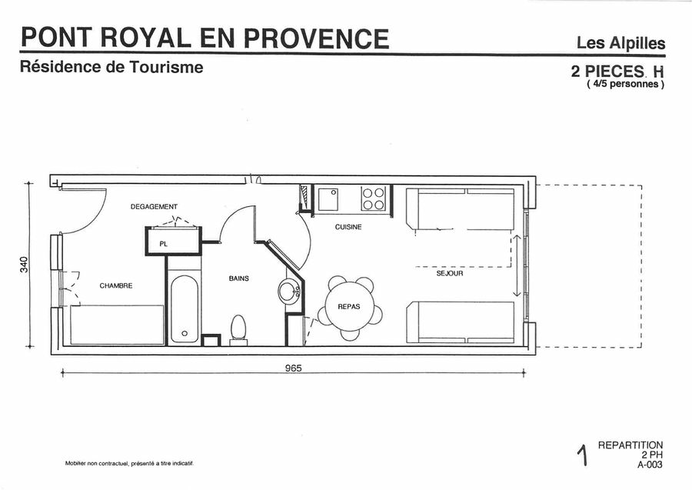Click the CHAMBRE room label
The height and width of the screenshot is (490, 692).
(x=115, y=285)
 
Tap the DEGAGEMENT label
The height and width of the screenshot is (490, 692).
(x=154, y=207)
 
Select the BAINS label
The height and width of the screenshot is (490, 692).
(x=239, y=278)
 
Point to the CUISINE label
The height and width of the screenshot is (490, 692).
(x=348, y=227)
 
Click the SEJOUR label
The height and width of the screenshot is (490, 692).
(x=450, y=274)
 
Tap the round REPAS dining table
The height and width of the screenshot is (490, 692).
(x=349, y=306)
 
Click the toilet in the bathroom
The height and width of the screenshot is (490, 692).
(x=238, y=330)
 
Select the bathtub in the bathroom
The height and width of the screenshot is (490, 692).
(x=184, y=309)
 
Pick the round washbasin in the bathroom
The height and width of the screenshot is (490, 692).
(x=290, y=291)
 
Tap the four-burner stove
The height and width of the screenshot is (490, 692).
(x=374, y=198)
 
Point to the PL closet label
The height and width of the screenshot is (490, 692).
(x=164, y=244)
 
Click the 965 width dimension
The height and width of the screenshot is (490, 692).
(x=293, y=368)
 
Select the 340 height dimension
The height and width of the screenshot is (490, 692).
(x=24, y=265)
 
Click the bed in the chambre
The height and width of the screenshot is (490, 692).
(x=117, y=325)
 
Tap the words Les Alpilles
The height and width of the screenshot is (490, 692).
(x=621, y=43)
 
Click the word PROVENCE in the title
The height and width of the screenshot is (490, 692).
(x=316, y=38)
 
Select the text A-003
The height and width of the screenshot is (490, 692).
(x=650, y=465)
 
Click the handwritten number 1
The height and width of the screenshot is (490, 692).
(x=583, y=455)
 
